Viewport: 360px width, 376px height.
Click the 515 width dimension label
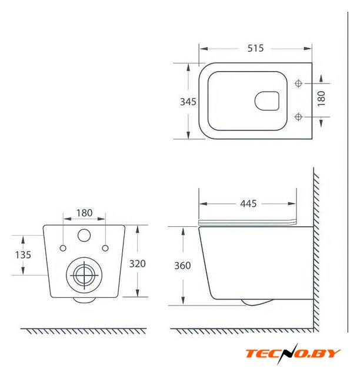(x=255, y=48)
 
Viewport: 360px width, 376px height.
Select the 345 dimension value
(x=188, y=102)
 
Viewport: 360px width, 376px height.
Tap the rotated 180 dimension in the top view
(x=321, y=99)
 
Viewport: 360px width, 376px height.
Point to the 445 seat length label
(x=248, y=204)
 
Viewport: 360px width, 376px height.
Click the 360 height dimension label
(x=182, y=266)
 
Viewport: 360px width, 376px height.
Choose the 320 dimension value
(x=138, y=264)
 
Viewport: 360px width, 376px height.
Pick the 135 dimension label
(x=23, y=255)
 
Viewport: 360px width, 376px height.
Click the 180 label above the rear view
(x=84, y=213)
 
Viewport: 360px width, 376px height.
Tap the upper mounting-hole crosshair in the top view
(x=298, y=83)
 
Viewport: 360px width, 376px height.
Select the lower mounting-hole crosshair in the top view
(x=298, y=117)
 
